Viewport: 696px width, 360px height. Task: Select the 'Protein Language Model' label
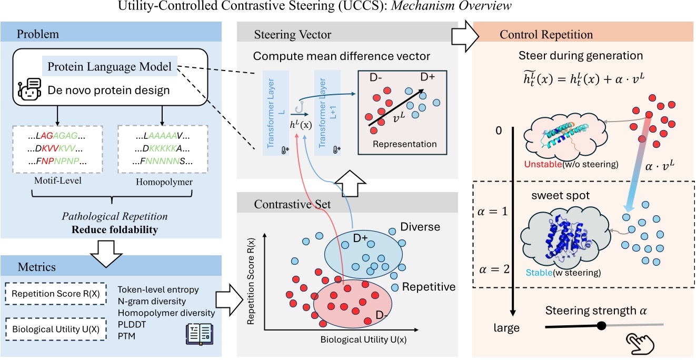(x=110, y=67)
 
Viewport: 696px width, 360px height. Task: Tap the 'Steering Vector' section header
(x=293, y=35)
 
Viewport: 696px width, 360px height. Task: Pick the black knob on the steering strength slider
(x=602, y=326)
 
